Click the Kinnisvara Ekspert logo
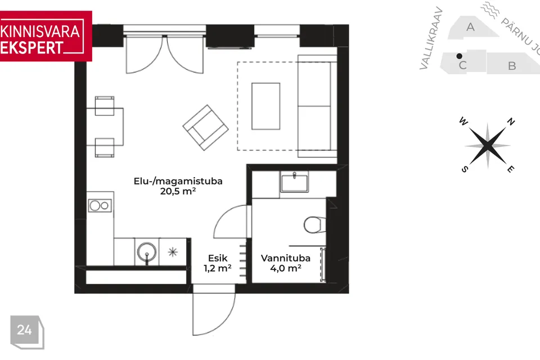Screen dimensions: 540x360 pyautogui.click(x=46, y=36)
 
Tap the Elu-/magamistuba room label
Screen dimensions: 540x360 pyautogui.click(x=178, y=181)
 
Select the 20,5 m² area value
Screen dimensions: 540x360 pyautogui.click(x=178, y=191)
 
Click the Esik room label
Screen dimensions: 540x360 pyautogui.click(x=218, y=258)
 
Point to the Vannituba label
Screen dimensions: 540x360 pyautogui.click(x=286, y=258)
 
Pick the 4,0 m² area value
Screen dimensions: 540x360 pyautogui.click(x=286, y=268)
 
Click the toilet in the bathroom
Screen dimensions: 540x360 pyautogui.click(x=315, y=225)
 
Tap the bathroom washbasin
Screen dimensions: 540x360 pyautogui.click(x=294, y=182)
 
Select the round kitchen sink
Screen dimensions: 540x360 pyautogui.click(x=147, y=252)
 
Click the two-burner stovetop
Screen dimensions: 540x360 pyautogui.click(x=100, y=206)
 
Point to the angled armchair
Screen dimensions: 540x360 pyautogui.click(x=206, y=128)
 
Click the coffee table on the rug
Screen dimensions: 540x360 pyautogui.click(x=265, y=106)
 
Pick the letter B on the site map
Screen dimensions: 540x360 pyautogui.click(x=512, y=66)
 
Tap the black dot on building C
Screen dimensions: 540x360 pyautogui.click(x=459, y=56)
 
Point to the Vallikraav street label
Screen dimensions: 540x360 pyautogui.click(x=431, y=38)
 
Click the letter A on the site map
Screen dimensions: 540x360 pyautogui.click(x=470, y=27)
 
